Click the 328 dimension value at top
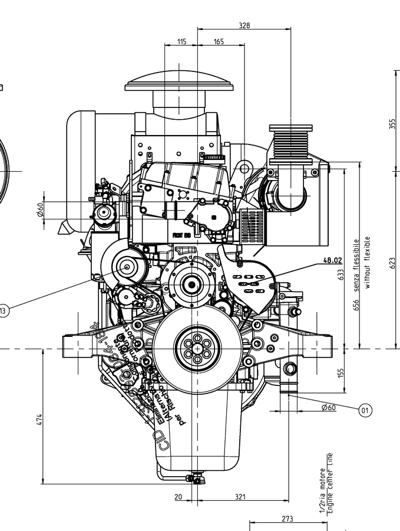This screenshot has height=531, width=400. point(244,25)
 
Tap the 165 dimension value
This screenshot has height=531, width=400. point(219,41)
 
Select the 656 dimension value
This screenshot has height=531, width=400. point(356,305)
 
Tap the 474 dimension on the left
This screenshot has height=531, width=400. point(39,419)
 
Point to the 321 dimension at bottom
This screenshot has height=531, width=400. point(240,497)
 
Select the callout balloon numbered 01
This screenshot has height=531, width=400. point(365,409)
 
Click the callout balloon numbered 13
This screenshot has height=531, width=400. point(4,311)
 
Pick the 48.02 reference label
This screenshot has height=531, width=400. point(332,260)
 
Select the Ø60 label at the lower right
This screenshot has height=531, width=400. point(328,407)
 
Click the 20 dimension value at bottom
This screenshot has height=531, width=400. point(178,497)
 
